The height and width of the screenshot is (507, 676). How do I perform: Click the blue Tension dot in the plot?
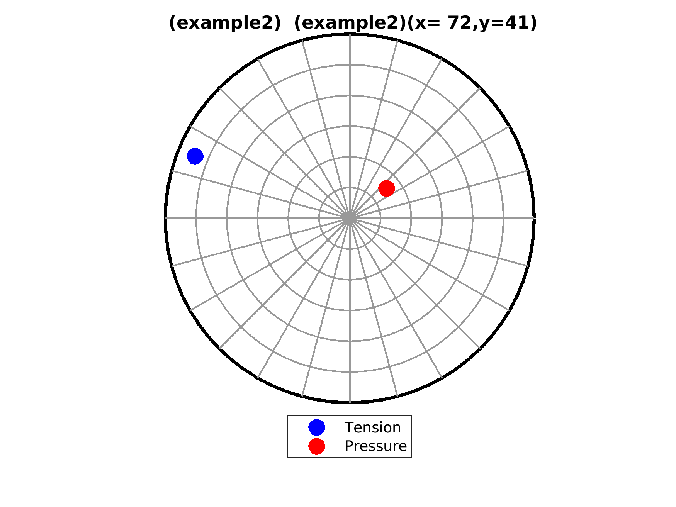click(x=195, y=156)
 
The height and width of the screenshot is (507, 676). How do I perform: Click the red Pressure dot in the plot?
click(x=387, y=188)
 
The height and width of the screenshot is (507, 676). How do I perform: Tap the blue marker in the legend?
click(x=317, y=427)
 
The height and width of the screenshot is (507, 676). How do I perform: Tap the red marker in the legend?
click(x=317, y=446)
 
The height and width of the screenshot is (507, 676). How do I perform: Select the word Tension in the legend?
click(x=373, y=428)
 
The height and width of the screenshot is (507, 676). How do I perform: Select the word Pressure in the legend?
click(x=376, y=446)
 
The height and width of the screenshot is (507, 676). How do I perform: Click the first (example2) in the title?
click(x=225, y=24)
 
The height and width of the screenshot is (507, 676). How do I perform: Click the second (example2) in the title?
click(x=350, y=24)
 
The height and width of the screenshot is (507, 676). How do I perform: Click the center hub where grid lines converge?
click(x=350, y=219)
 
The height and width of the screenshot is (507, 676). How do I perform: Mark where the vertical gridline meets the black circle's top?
click(x=350, y=35)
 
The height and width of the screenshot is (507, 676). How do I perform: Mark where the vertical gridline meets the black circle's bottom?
click(x=350, y=402)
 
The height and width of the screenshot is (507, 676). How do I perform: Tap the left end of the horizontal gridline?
click(x=166, y=219)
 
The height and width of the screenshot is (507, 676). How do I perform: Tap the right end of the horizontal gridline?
click(x=534, y=219)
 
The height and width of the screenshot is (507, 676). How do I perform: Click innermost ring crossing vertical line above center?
click(x=350, y=188)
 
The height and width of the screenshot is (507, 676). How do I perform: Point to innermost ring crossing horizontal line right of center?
click(x=380, y=219)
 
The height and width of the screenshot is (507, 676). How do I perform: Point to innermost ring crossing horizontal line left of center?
click(x=319, y=219)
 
